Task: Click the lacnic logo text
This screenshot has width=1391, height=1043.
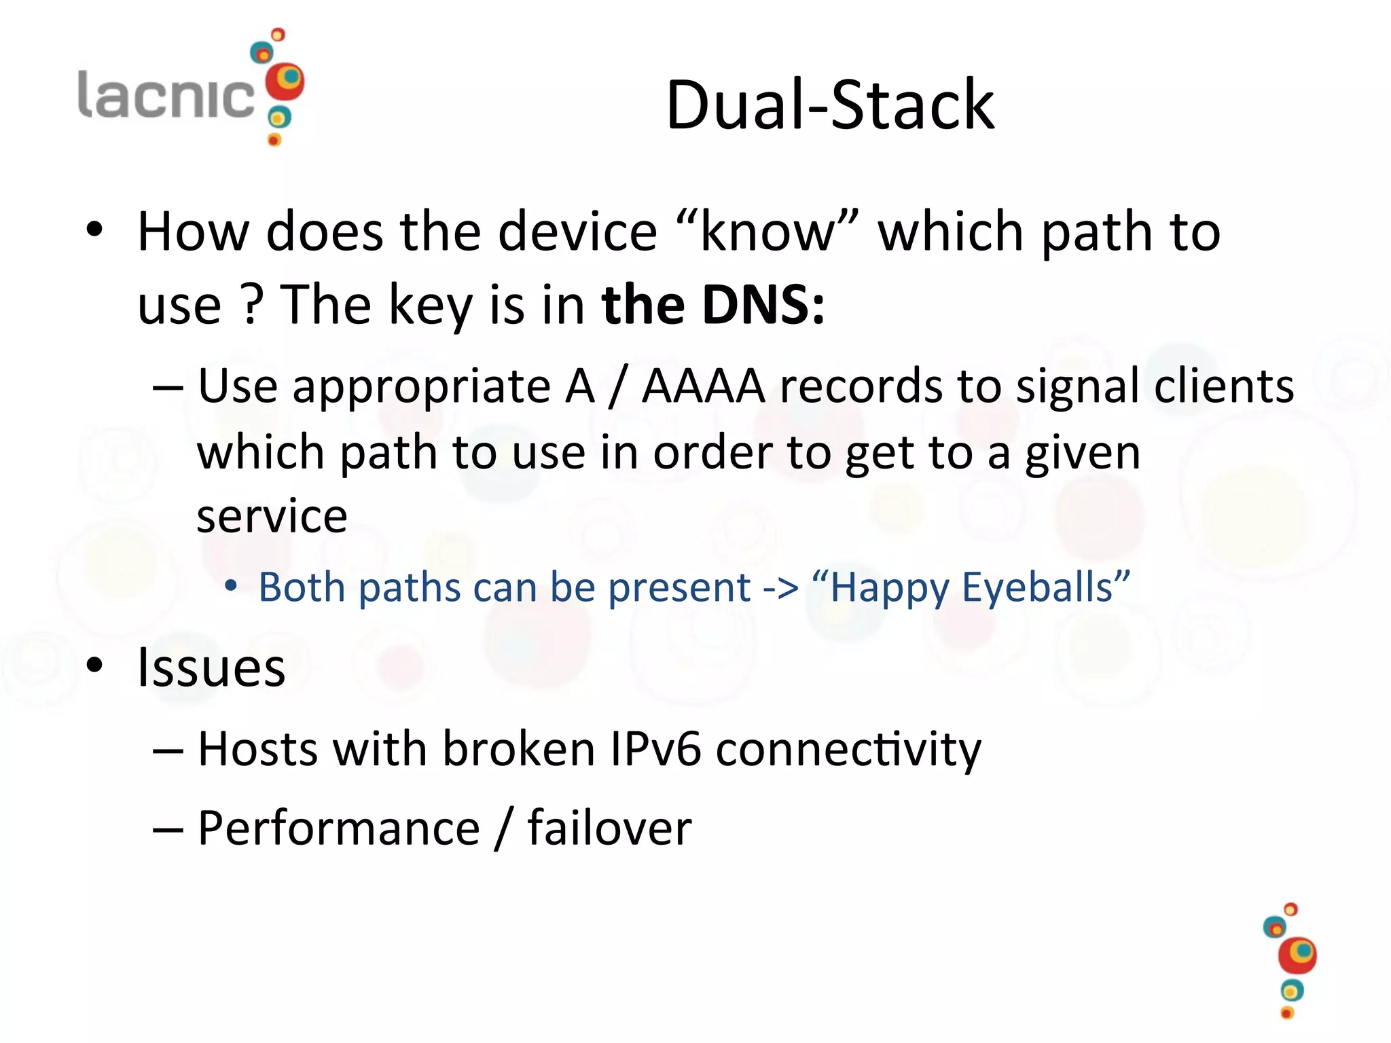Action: [166, 95]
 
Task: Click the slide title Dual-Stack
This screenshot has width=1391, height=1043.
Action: [830, 105]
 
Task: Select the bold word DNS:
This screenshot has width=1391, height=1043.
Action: [763, 305]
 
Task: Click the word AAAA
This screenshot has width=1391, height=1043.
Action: [704, 386]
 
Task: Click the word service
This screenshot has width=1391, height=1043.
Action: [272, 516]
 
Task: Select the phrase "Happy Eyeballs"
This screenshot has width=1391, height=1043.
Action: [971, 587]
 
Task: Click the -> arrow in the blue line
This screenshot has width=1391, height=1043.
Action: [780, 588]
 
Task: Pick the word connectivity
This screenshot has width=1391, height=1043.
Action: [848, 750]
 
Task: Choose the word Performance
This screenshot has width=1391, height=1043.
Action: [339, 828]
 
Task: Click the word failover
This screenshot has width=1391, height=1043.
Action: [609, 828]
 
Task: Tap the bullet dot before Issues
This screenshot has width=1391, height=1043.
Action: [94, 666]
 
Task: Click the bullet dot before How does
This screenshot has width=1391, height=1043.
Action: [94, 230]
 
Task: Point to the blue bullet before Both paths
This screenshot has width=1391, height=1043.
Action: [231, 585]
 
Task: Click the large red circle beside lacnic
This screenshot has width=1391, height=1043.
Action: [285, 82]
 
